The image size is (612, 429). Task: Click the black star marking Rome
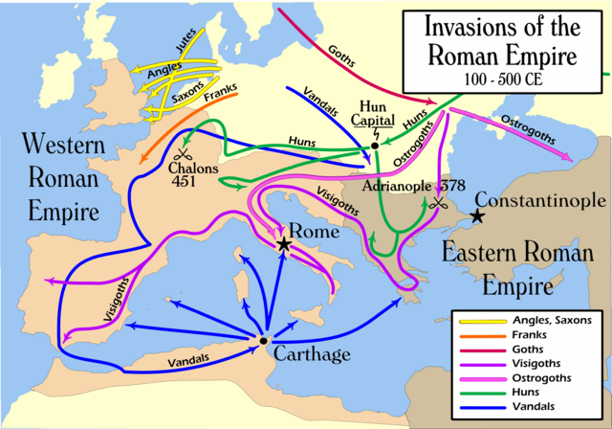(284, 245)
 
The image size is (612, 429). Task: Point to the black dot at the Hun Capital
(375, 147)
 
